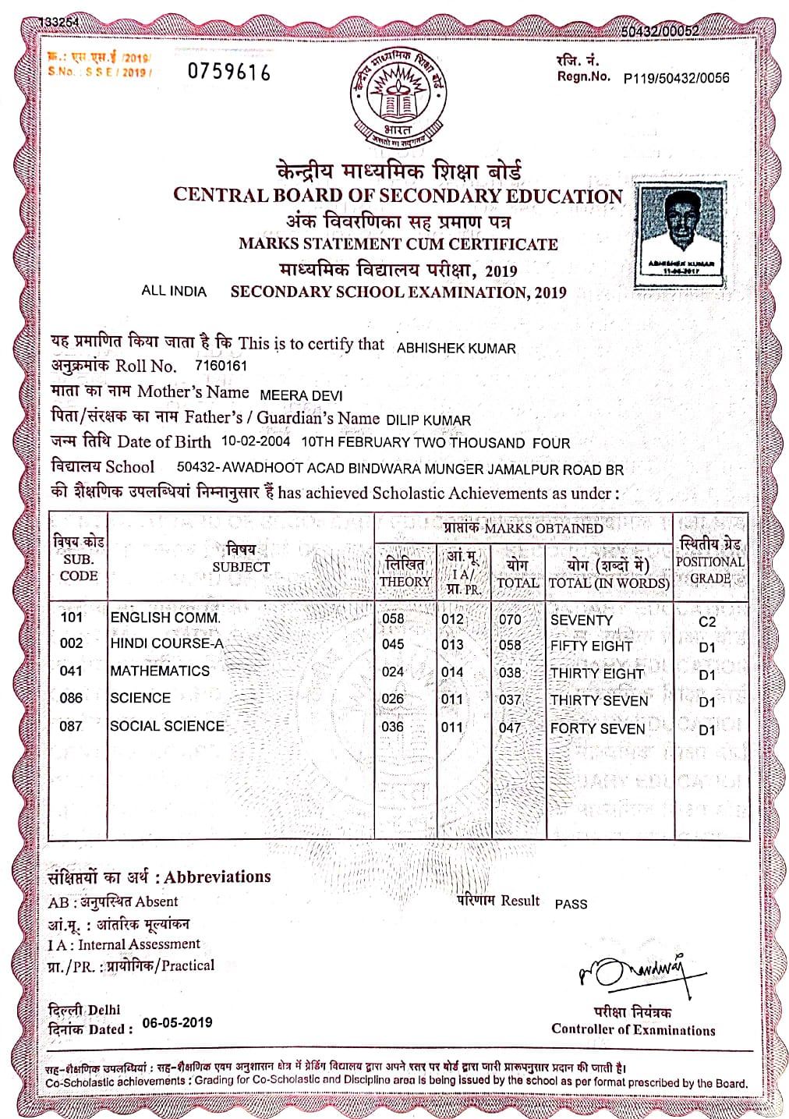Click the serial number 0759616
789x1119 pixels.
[229, 73]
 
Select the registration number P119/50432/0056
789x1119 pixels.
[676, 77]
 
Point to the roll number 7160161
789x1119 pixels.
[221, 366]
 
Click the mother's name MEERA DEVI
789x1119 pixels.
[301, 395]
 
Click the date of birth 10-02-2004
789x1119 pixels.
[256, 441]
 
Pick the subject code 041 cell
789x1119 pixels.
[71, 671]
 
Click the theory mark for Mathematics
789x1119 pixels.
[393, 671]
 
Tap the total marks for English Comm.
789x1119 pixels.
[510, 620]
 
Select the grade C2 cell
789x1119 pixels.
[707, 621]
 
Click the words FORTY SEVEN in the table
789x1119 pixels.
[597, 728]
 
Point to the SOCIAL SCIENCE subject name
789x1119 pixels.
[167, 726]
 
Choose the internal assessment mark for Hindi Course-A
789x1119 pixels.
[452, 645]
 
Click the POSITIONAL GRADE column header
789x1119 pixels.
[710, 561]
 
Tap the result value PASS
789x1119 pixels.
[571, 904]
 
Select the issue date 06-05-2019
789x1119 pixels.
[177, 1023]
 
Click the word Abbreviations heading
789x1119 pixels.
[218, 876]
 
